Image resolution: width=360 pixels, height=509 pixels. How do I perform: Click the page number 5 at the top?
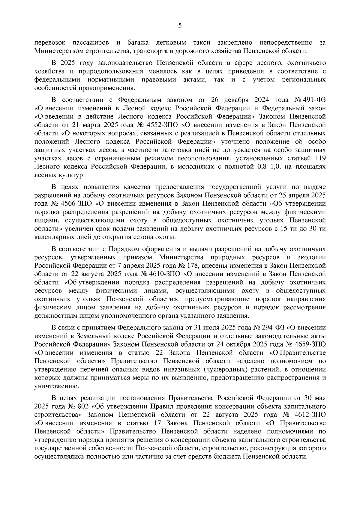pyautogui.click(x=180, y=26)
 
